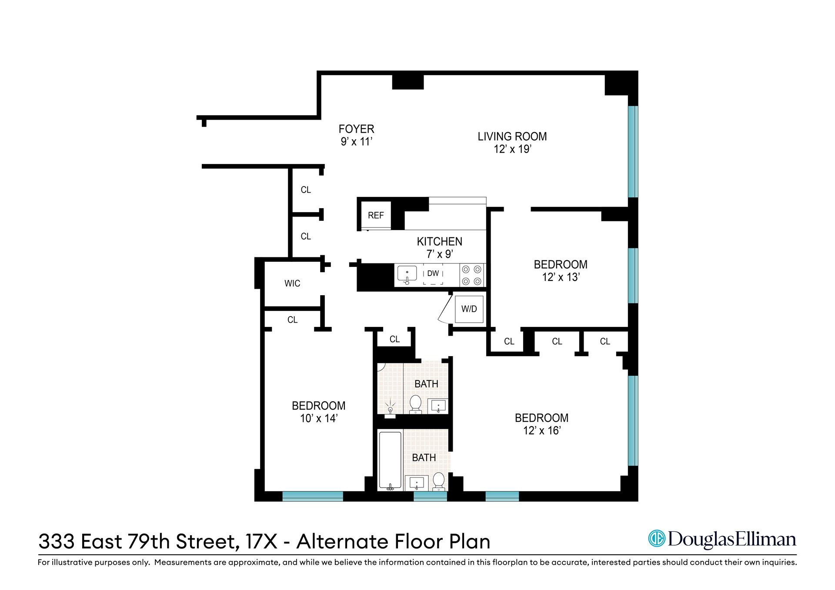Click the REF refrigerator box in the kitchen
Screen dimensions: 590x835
(376, 215)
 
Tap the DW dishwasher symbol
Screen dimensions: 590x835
(433, 274)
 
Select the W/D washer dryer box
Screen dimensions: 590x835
(469, 309)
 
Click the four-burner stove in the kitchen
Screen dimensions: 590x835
(472, 275)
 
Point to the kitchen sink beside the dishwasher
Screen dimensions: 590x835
(407, 274)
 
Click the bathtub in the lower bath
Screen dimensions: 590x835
(390, 460)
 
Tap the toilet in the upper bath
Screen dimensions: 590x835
(416, 404)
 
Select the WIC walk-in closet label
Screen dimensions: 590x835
(292, 283)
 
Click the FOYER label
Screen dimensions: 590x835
(356, 129)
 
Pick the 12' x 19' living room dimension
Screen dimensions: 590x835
(512, 149)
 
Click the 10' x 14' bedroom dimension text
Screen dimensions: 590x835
(319, 418)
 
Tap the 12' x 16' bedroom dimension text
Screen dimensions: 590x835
(541, 430)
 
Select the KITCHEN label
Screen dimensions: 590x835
(439, 241)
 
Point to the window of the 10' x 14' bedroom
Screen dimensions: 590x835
(312, 496)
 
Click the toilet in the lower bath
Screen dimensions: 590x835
(439, 481)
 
